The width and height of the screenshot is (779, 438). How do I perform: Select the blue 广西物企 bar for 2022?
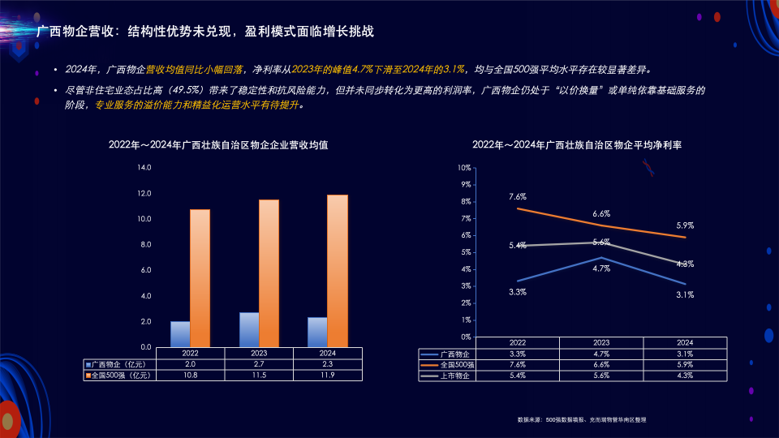(180, 334)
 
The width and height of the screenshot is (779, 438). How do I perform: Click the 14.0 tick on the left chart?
(144, 168)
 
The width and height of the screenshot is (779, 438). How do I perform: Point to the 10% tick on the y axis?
(465, 168)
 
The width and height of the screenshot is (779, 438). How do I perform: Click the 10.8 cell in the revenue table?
(190, 376)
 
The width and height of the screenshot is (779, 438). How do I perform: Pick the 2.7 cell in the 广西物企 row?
(259, 364)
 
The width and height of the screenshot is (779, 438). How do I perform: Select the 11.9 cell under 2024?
(328, 376)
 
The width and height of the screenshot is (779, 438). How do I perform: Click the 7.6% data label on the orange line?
(518, 196)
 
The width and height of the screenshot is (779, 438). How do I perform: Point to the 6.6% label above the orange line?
(601, 213)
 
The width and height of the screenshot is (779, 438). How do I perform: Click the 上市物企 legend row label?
(457, 376)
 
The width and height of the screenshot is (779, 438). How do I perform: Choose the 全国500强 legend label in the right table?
(457, 365)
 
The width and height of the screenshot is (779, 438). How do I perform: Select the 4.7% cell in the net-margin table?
(601, 354)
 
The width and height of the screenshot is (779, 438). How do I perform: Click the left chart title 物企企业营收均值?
(218, 144)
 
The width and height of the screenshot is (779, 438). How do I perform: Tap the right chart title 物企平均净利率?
(576, 144)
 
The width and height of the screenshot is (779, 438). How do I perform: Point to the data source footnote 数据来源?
(581, 419)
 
